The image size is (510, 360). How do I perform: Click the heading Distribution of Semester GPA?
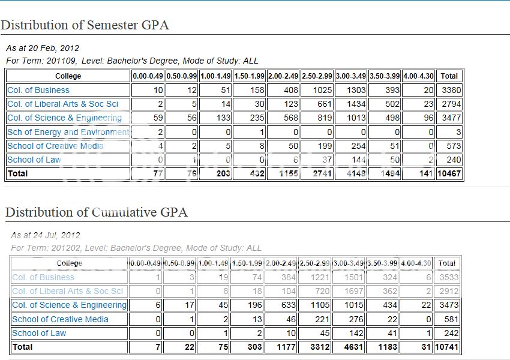point(85,25)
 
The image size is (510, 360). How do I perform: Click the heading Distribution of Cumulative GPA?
point(96,212)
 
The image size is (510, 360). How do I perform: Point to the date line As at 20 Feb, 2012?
point(43,48)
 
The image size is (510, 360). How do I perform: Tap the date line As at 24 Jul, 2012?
point(45,235)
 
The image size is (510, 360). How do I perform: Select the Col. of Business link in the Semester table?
point(38,90)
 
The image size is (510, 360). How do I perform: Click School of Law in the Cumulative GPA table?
point(39,333)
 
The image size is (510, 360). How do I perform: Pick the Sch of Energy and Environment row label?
point(68,132)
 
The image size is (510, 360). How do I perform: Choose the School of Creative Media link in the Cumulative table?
point(60,319)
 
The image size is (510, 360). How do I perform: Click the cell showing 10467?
point(449,173)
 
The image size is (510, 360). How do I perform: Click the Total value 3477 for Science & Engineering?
point(451,118)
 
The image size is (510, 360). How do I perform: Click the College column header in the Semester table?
point(68,76)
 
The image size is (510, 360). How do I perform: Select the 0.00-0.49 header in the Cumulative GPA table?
point(146,263)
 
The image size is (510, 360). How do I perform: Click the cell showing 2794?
point(451,104)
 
